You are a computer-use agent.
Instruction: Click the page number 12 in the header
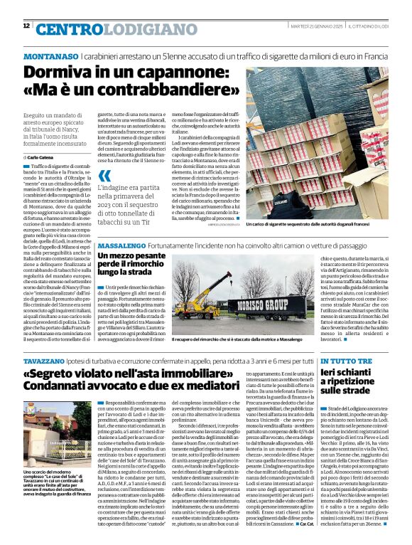(x=26, y=26)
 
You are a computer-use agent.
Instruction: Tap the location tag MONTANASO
(x=50, y=55)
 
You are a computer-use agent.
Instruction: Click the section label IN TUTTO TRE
(x=347, y=361)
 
